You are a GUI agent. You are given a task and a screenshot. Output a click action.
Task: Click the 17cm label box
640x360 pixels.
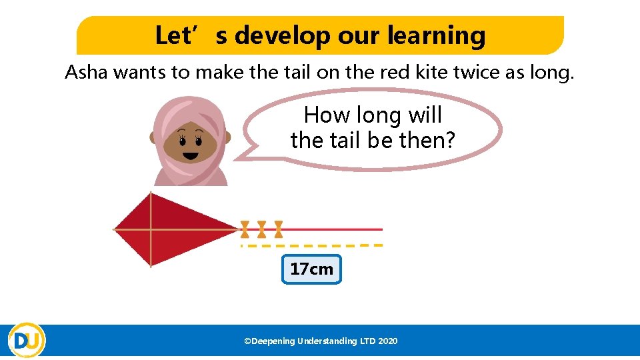coord(311,269)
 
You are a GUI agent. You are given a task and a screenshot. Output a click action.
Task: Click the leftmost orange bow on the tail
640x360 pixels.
coord(245,229)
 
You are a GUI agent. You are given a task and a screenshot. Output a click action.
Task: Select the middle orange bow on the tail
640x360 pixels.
coord(262,229)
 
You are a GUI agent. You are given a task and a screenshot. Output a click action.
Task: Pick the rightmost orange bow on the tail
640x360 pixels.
coord(279,229)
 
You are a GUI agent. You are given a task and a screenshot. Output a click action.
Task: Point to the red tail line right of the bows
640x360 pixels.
coord(333,229)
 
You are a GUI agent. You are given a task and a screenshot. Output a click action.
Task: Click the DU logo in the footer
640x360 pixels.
coord(27,341)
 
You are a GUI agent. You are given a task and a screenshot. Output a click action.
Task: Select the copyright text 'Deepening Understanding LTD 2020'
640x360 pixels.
coord(321,341)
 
